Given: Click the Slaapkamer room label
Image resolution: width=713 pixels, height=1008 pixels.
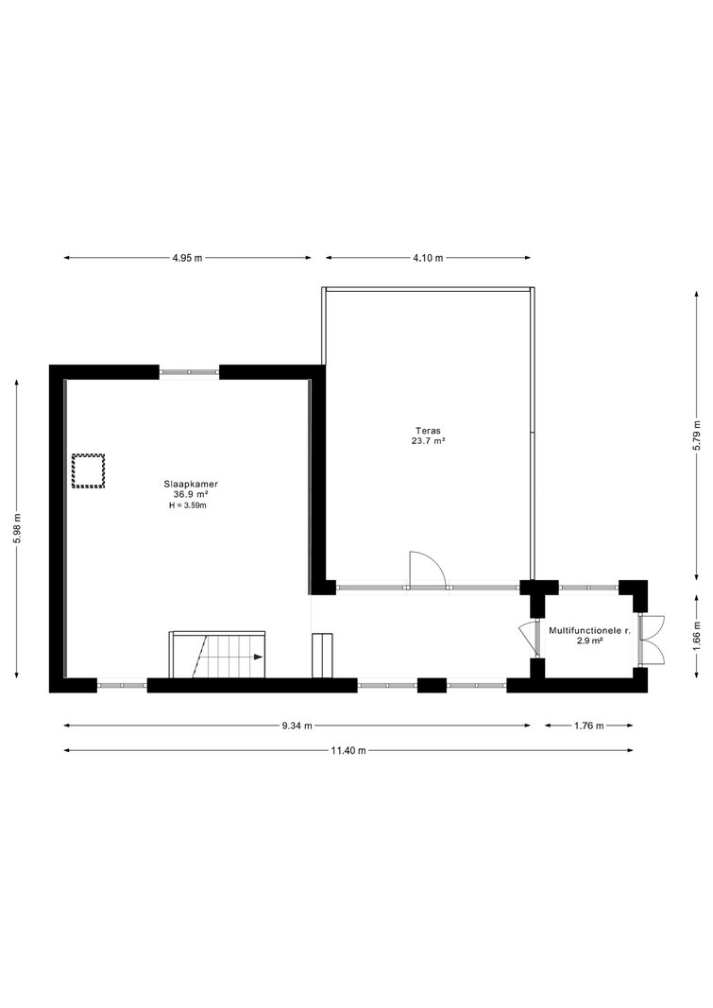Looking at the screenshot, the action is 190,484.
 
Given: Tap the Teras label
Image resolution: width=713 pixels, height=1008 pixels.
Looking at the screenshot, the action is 429,431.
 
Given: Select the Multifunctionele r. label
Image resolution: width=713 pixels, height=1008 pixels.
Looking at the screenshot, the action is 589,631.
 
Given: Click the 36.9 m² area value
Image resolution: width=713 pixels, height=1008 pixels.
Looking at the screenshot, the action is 191,495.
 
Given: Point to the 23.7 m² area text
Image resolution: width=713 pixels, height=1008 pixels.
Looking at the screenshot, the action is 429,441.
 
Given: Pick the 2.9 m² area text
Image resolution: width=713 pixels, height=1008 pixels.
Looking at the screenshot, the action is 589,641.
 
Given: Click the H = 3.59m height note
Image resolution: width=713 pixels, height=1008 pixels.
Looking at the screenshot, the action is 188,505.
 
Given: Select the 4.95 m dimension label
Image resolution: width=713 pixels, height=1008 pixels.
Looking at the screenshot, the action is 187,258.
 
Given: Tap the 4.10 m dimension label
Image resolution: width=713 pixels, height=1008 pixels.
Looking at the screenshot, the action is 428,258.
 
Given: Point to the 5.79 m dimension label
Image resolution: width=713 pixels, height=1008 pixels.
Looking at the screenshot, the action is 696,436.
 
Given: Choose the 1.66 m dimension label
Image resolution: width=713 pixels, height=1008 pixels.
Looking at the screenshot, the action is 696,636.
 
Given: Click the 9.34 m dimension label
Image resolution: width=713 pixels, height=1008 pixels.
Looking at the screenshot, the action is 297,726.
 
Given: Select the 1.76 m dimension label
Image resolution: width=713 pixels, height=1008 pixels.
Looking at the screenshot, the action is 589,726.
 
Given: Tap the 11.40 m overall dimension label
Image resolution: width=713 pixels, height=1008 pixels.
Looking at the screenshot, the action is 348,750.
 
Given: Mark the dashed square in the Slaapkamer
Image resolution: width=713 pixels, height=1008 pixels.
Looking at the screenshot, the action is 88,471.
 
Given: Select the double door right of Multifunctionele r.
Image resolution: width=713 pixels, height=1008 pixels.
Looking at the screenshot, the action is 652,639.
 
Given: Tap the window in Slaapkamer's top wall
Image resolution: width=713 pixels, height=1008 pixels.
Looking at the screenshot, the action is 190,371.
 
